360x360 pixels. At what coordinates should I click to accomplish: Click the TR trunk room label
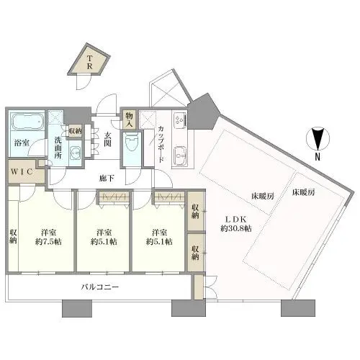click(x=89, y=62)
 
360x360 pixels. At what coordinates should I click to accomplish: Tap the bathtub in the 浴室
click(x=27, y=122)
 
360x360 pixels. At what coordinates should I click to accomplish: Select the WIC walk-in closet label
click(x=22, y=172)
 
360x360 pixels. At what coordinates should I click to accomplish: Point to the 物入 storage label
click(x=129, y=120)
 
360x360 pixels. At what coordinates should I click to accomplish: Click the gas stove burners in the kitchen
click(x=181, y=120)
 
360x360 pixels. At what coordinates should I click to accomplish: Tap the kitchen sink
click(x=181, y=155)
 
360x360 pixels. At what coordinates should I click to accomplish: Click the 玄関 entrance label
click(x=107, y=140)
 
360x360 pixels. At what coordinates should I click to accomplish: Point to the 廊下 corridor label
click(x=107, y=179)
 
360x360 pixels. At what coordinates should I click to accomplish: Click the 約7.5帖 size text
click(x=48, y=242)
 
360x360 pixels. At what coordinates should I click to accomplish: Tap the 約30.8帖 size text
click(x=236, y=228)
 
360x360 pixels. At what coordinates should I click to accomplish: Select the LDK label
click(x=235, y=220)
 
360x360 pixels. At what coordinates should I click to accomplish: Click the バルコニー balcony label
click(x=100, y=287)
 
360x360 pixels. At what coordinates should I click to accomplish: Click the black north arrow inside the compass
click(x=318, y=139)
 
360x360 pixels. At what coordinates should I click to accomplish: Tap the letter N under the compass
click(x=318, y=157)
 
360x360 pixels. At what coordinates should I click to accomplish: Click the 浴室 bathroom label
click(x=22, y=143)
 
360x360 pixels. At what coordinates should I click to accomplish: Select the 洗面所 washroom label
click(x=58, y=148)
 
